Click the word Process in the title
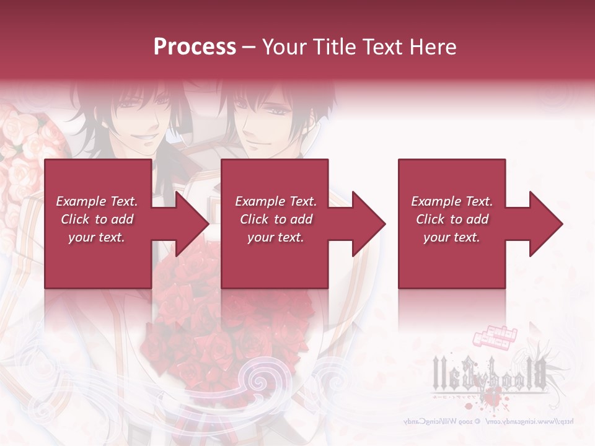click(x=195, y=46)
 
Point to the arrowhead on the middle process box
click(x=367, y=224)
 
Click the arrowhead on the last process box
click(x=544, y=224)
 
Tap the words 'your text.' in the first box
click(x=97, y=237)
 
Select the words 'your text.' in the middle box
click(x=276, y=237)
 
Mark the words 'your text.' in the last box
click(x=452, y=237)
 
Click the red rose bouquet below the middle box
click(x=229, y=322)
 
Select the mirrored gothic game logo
click(x=490, y=372)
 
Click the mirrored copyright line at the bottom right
click(x=490, y=421)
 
